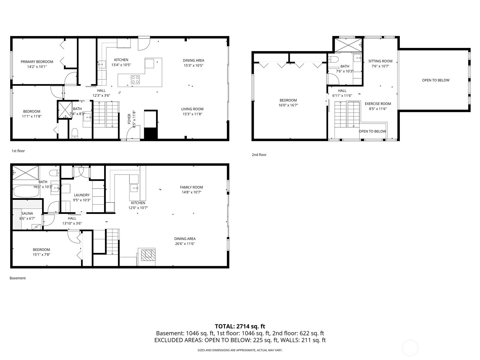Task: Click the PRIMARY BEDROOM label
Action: [37, 62]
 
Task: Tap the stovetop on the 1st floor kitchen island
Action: [135, 79]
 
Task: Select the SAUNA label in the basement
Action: [27, 214]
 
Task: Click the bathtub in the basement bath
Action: [26, 191]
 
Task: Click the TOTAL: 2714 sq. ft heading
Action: [240, 326]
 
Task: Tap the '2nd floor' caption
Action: [259, 155]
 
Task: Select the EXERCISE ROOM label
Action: [378, 104]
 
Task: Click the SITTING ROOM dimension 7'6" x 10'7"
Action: [380, 66]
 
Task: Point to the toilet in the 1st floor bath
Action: [75, 132]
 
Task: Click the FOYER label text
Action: [129, 119]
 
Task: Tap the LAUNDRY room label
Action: [82, 195]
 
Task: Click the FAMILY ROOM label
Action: [191, 187]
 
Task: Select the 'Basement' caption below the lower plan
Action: [18, 278]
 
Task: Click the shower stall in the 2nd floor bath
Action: [348, 45]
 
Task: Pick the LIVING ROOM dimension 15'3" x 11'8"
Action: [192, 114]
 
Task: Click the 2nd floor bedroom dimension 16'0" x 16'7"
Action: [288, 105]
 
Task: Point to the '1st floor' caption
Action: [18, 151]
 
